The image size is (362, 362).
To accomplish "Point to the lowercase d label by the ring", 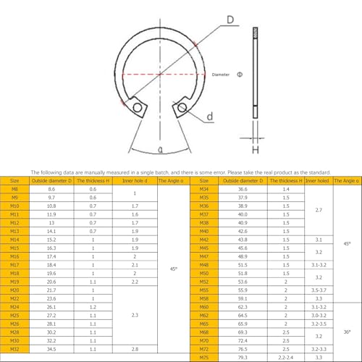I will (209, 116).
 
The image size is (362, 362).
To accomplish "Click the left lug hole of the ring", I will (138, 108).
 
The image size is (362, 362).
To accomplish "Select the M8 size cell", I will (15, 189).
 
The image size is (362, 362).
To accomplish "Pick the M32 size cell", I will (15, 348).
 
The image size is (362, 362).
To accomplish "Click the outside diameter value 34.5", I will (51, 348).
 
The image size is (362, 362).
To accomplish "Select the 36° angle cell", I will (346, 332).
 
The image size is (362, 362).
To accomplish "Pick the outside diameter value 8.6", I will (51, 189).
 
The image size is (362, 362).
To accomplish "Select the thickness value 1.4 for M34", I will (286, 189).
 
